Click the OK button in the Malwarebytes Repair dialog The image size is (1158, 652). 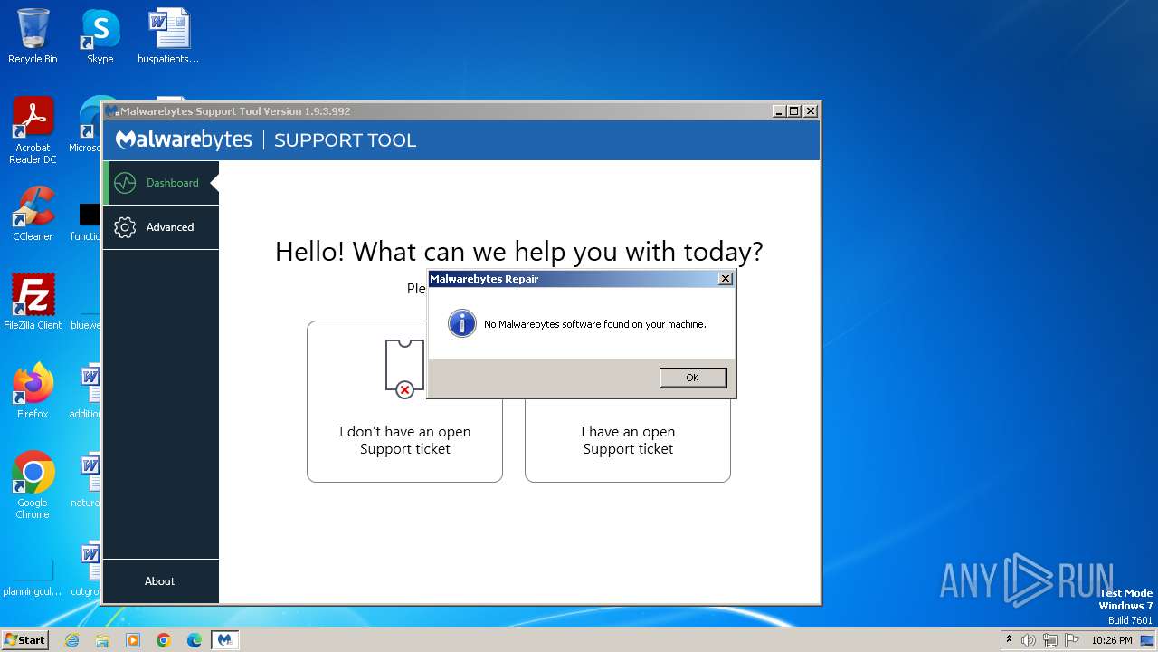[x=692, y=378]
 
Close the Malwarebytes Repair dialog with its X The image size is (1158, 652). [x=725, y=279]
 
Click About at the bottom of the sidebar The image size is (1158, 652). [x=160, y=581]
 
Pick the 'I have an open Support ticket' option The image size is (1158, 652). [x=628, y=440]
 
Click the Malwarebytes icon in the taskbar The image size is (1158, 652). [x=224, y=640]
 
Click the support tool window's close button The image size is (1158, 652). [x=811, y=111]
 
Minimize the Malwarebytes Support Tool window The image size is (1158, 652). [x=779, y=111]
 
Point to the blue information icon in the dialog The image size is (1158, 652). [x=461, y=323]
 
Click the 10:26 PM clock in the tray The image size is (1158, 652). [x=1111, y=640]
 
